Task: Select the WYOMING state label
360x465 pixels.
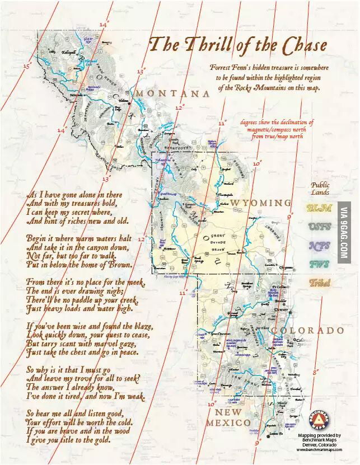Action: point(261,202)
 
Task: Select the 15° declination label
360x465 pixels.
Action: point(26,66)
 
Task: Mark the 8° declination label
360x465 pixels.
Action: point(316,371)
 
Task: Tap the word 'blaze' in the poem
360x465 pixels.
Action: point(140,326)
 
